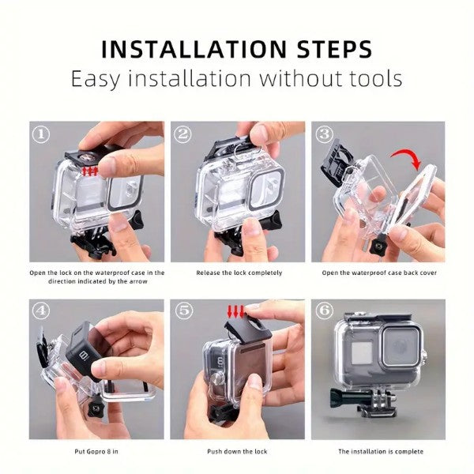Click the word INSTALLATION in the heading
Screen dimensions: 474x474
(x=194, y=49)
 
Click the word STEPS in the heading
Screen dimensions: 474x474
(x=334, y=49)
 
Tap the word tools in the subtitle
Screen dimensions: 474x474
(x=376, y=78)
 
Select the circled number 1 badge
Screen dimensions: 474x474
(x=41, y=134)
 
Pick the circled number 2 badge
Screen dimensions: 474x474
(x=182, y=134)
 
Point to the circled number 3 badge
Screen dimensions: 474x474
(x=324, y=134)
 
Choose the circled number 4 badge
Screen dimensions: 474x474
(x=41, y=310)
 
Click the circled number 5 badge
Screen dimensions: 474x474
(x=184, y=310)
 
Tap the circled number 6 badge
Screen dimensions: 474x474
(x=324, y=310)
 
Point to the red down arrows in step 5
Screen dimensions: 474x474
(x=235, y=312)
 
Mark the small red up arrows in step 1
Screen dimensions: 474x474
(x=90, y=171)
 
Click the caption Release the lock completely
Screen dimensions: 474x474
(x=239, y=273)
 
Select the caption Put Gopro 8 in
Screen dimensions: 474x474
(x=96, y=452)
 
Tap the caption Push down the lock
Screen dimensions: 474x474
(x=237, y=452)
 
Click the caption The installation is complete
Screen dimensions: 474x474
(x=381, y=452)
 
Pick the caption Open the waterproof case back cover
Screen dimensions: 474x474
(x=379, y=273)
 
